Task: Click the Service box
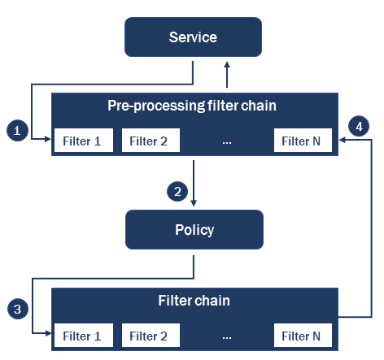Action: (x=193, y=37)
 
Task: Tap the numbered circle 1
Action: (x=15, y=128)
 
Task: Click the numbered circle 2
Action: (x=175, y=192)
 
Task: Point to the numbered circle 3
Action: (x=15, y=309)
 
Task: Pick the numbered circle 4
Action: (x=357, y=127)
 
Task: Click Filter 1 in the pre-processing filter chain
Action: (x=82, y=141)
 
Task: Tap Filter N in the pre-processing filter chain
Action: (x=302, y=141)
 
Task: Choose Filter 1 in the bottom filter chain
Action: (x=82, y=335)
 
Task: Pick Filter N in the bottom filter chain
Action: (x=302, y=335)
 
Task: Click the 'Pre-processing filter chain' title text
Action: (x=193, y=106)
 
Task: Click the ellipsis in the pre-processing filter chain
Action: (x=226, y=142)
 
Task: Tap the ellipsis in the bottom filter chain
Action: (x=226, y=336)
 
